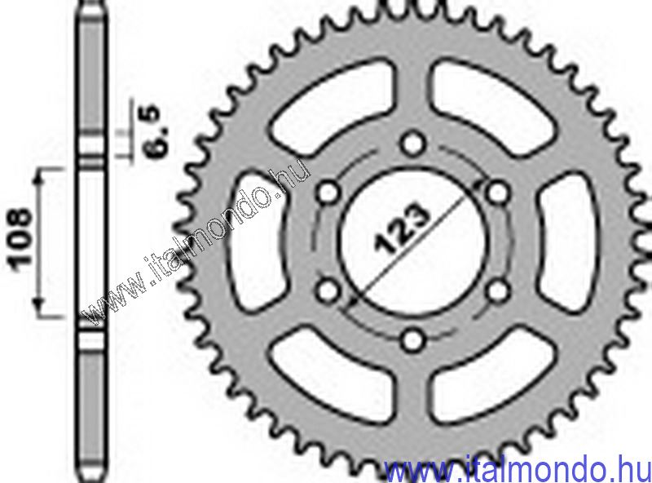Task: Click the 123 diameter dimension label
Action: (402, 229)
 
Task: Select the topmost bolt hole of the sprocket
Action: (412, 144)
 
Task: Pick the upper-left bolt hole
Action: (328, 193)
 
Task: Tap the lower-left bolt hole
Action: (328, 291)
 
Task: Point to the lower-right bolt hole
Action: (497, 291)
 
